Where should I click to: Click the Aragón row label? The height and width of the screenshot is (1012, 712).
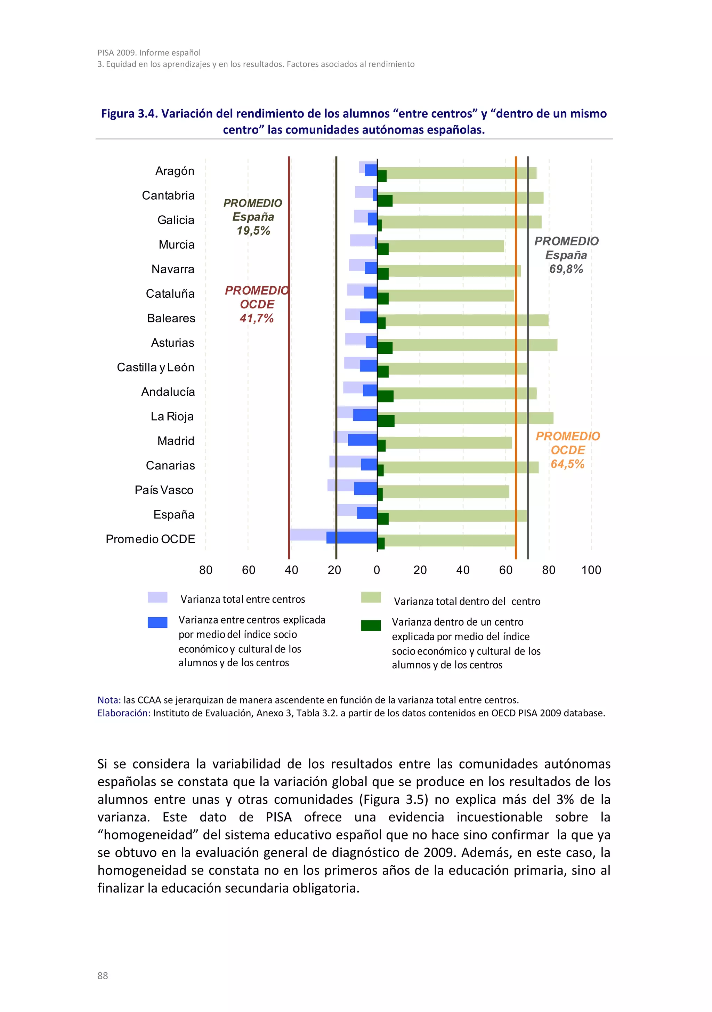coord(175,171)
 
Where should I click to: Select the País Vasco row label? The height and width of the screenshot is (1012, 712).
coord(164,490)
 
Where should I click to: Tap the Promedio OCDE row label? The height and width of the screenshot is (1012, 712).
coord(150,539)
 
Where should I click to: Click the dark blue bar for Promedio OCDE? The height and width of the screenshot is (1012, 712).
coord(351,537)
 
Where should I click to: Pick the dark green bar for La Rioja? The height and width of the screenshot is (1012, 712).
coord(386,421)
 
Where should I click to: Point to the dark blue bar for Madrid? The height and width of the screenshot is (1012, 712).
coord(362,440)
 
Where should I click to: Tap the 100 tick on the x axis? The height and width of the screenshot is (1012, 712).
coord(591,570)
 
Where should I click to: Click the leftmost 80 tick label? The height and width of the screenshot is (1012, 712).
coord(206,570)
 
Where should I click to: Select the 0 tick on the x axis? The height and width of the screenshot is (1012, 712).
coord(377,570)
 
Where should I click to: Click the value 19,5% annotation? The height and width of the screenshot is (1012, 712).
coord(253,231)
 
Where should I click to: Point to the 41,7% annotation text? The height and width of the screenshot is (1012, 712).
coord(257,318)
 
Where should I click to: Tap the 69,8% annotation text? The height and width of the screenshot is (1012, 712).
coord(566,269)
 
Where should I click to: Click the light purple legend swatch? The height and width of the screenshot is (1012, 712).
coord(157,597)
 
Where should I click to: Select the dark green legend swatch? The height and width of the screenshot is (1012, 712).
coord(371,625)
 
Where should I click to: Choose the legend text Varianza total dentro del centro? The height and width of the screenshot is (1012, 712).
coord(467,601)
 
